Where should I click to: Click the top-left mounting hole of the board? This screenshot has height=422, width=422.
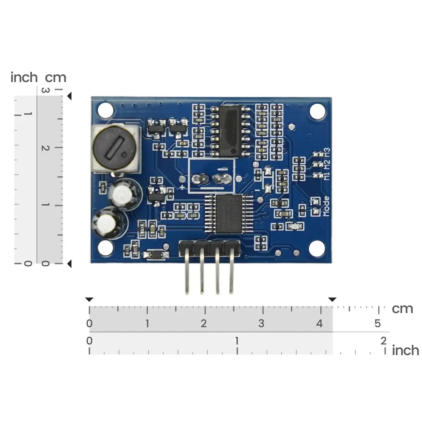click(105, 111)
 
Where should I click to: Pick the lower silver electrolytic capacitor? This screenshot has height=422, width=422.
click(109, 224)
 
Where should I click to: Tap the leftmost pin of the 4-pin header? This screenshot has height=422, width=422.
click(186, 270)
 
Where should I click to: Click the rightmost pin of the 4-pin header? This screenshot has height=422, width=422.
click(231, 270)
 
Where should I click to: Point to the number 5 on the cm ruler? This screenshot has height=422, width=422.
click(378, 324)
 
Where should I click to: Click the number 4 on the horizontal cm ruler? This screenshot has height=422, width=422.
click(320, 324)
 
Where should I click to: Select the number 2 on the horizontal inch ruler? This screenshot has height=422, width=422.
click(383, 340)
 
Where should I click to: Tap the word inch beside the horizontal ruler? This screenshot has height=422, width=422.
click(406, 350)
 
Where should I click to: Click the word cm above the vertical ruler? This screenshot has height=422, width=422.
click(56, 78)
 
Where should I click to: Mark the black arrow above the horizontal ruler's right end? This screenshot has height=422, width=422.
click(333, 300)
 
